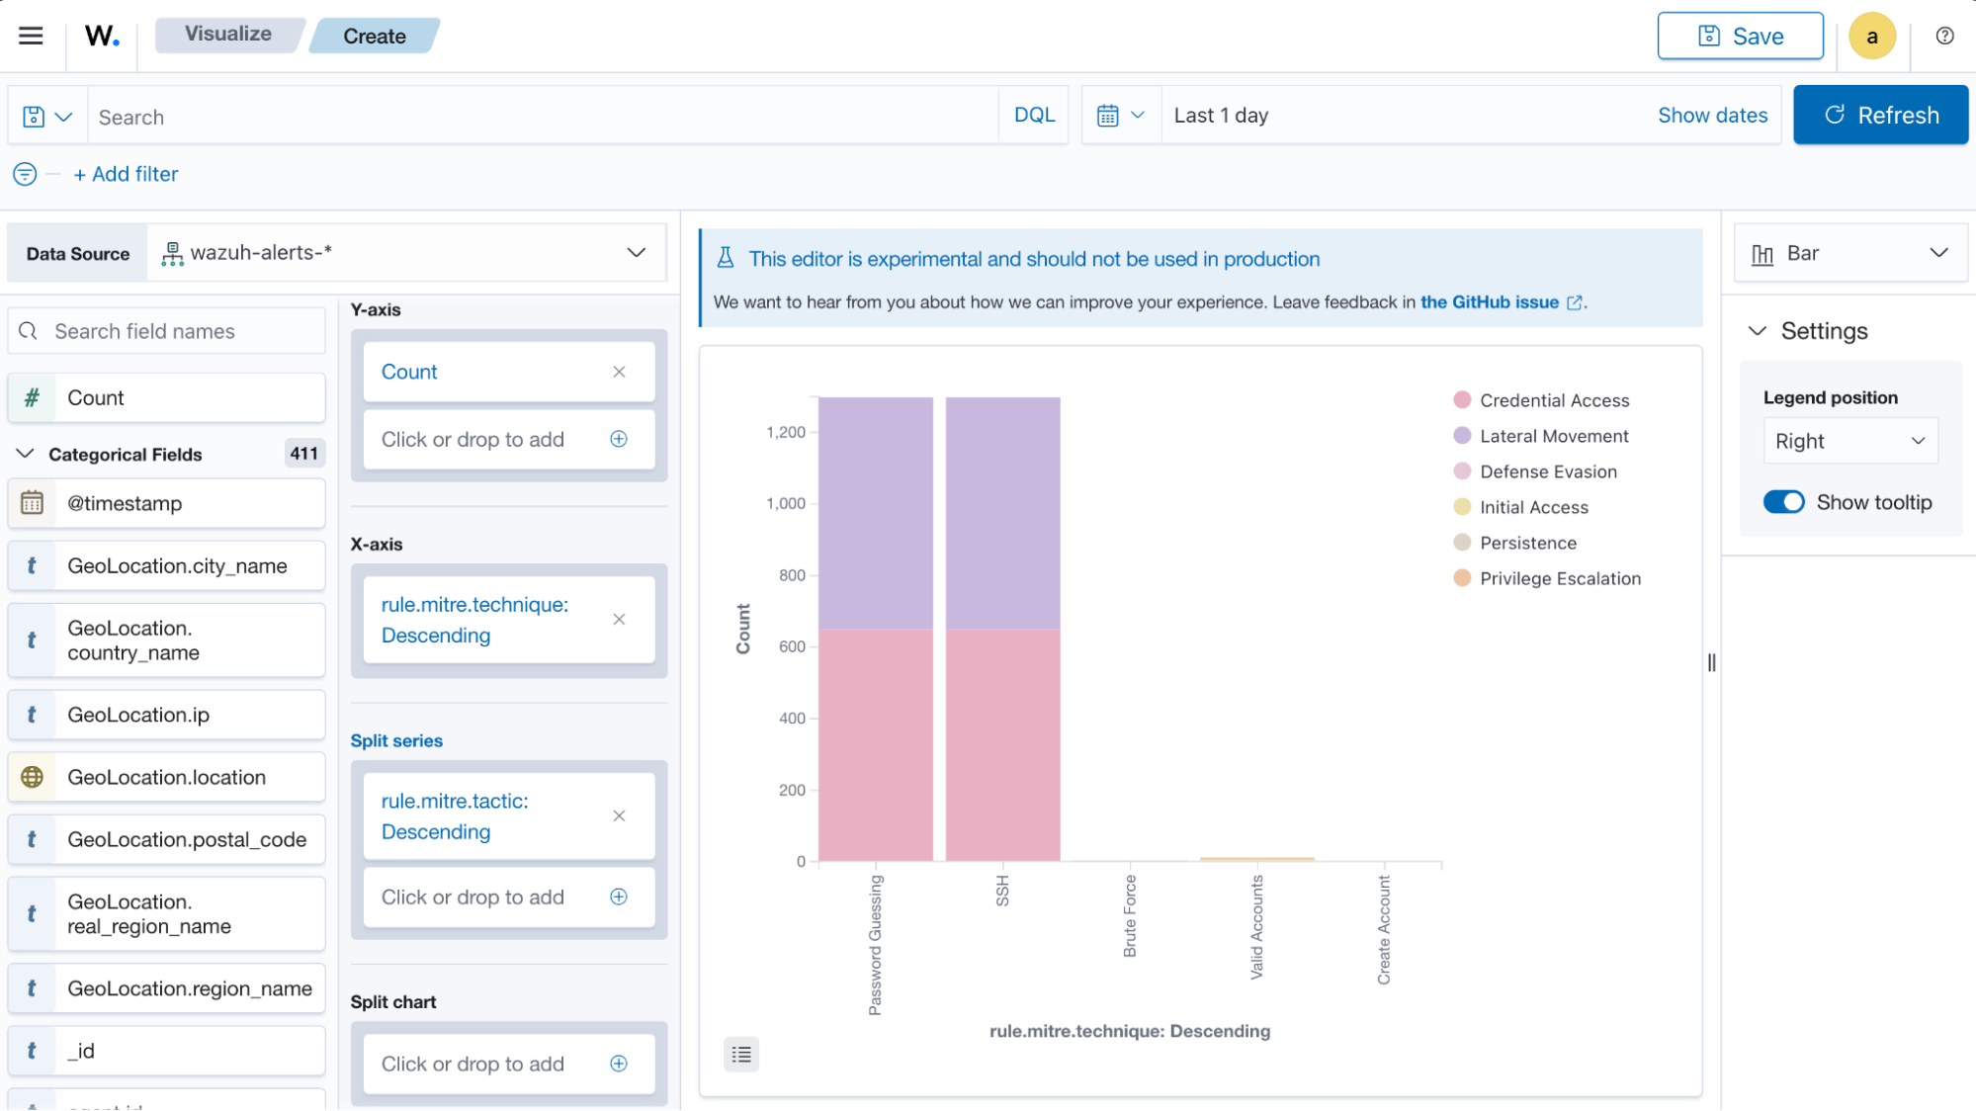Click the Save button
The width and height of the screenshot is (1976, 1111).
coord(1740,37)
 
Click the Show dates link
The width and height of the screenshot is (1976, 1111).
coord(1712,116)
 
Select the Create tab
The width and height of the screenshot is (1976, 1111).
coord(374,37)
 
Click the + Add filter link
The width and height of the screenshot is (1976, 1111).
coord(126,174)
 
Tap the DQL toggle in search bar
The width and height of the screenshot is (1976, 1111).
coord(1034,116)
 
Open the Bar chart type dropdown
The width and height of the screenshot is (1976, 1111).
coord(1849,254)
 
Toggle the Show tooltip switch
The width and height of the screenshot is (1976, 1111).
coord(1783,502)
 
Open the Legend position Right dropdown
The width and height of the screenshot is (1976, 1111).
coord(1849,441)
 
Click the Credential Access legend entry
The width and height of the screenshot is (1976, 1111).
coord(1553,400)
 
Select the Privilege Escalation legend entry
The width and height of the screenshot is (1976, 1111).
coord(1559,578)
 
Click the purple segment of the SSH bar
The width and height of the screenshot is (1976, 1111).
coord(1002,514)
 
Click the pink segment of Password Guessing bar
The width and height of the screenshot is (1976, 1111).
coord(875,745)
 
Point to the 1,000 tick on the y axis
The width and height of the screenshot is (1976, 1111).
coord(786,503)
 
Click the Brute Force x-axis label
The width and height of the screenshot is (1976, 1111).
coord(1130,915)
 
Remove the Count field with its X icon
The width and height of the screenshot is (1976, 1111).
coord(619,373)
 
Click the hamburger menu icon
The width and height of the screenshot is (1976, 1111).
coord(31,37)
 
